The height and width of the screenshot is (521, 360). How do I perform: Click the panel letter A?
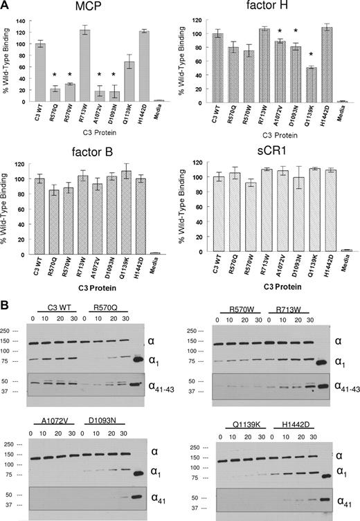pos(6,6)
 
